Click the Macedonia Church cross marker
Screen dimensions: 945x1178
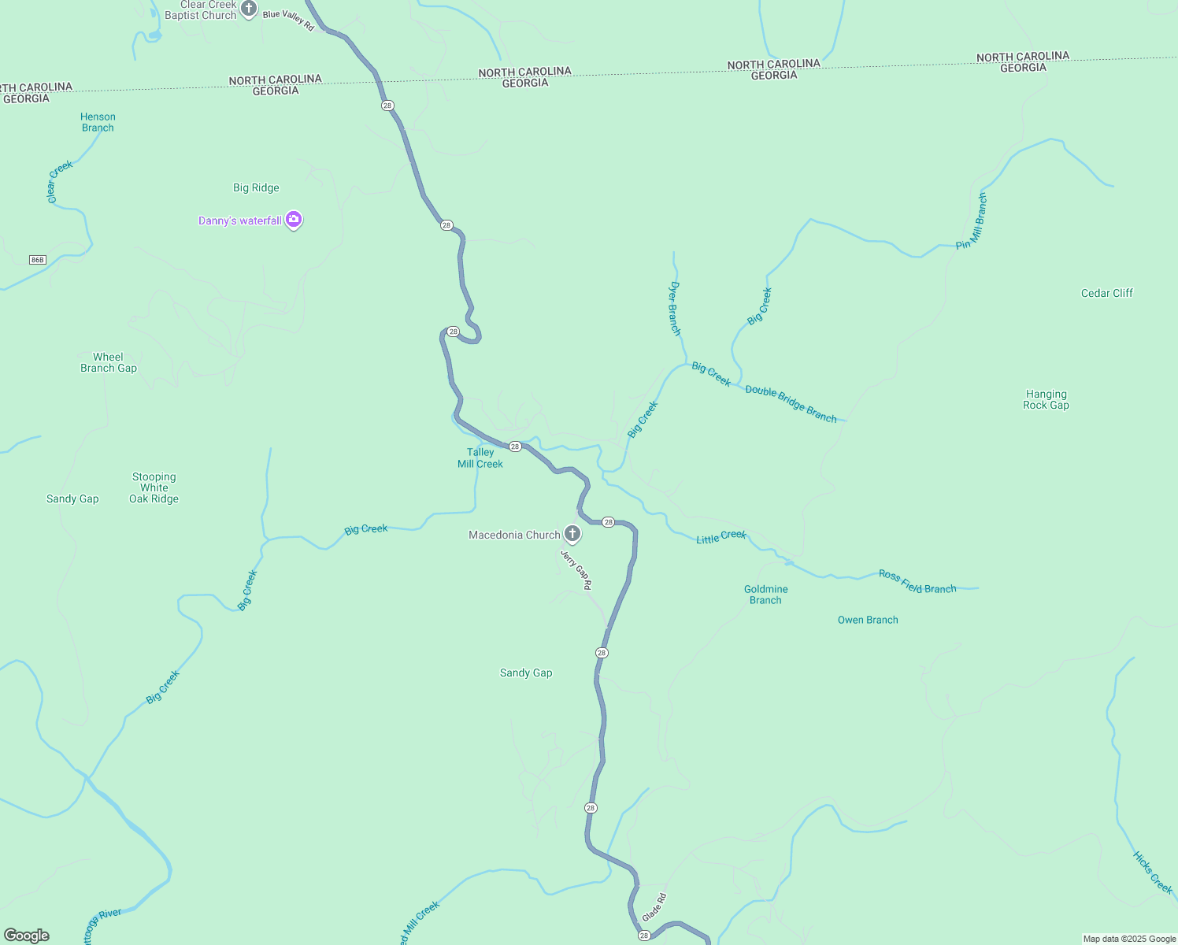click(x=572, y=534)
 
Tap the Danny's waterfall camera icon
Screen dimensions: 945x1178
click(x=294, y=220)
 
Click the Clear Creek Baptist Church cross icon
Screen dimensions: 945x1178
click(x=249, y=9)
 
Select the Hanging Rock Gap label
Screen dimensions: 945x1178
click(x=1046, y=399)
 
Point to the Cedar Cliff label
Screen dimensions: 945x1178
click(x=1106, y=293)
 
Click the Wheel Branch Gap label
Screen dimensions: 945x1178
click(x=109, y=362)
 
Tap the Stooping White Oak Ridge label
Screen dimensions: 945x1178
click(x=154, y=487)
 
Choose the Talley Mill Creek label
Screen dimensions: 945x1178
click(x=480, y=458)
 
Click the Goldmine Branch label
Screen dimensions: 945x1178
click(x=765, y=595)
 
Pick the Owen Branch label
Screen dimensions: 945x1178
click(x=868, y=620)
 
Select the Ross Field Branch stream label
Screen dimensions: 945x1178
click(x=917, y=582)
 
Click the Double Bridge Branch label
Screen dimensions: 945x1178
click(x=791, y=403)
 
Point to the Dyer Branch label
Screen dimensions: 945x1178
click(x=675, y=308)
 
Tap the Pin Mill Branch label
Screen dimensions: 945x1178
click(x=971, y=221)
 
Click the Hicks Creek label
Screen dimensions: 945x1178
click(x=1153, y=872)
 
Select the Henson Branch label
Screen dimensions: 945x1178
click(x=98, y=122)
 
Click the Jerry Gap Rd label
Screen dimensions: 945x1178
click(x=576, y=569)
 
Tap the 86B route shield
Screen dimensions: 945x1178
click(x=37, y=260)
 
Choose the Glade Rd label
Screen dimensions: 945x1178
click(x=654, y=907)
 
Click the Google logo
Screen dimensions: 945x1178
click(x=27, y=935)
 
